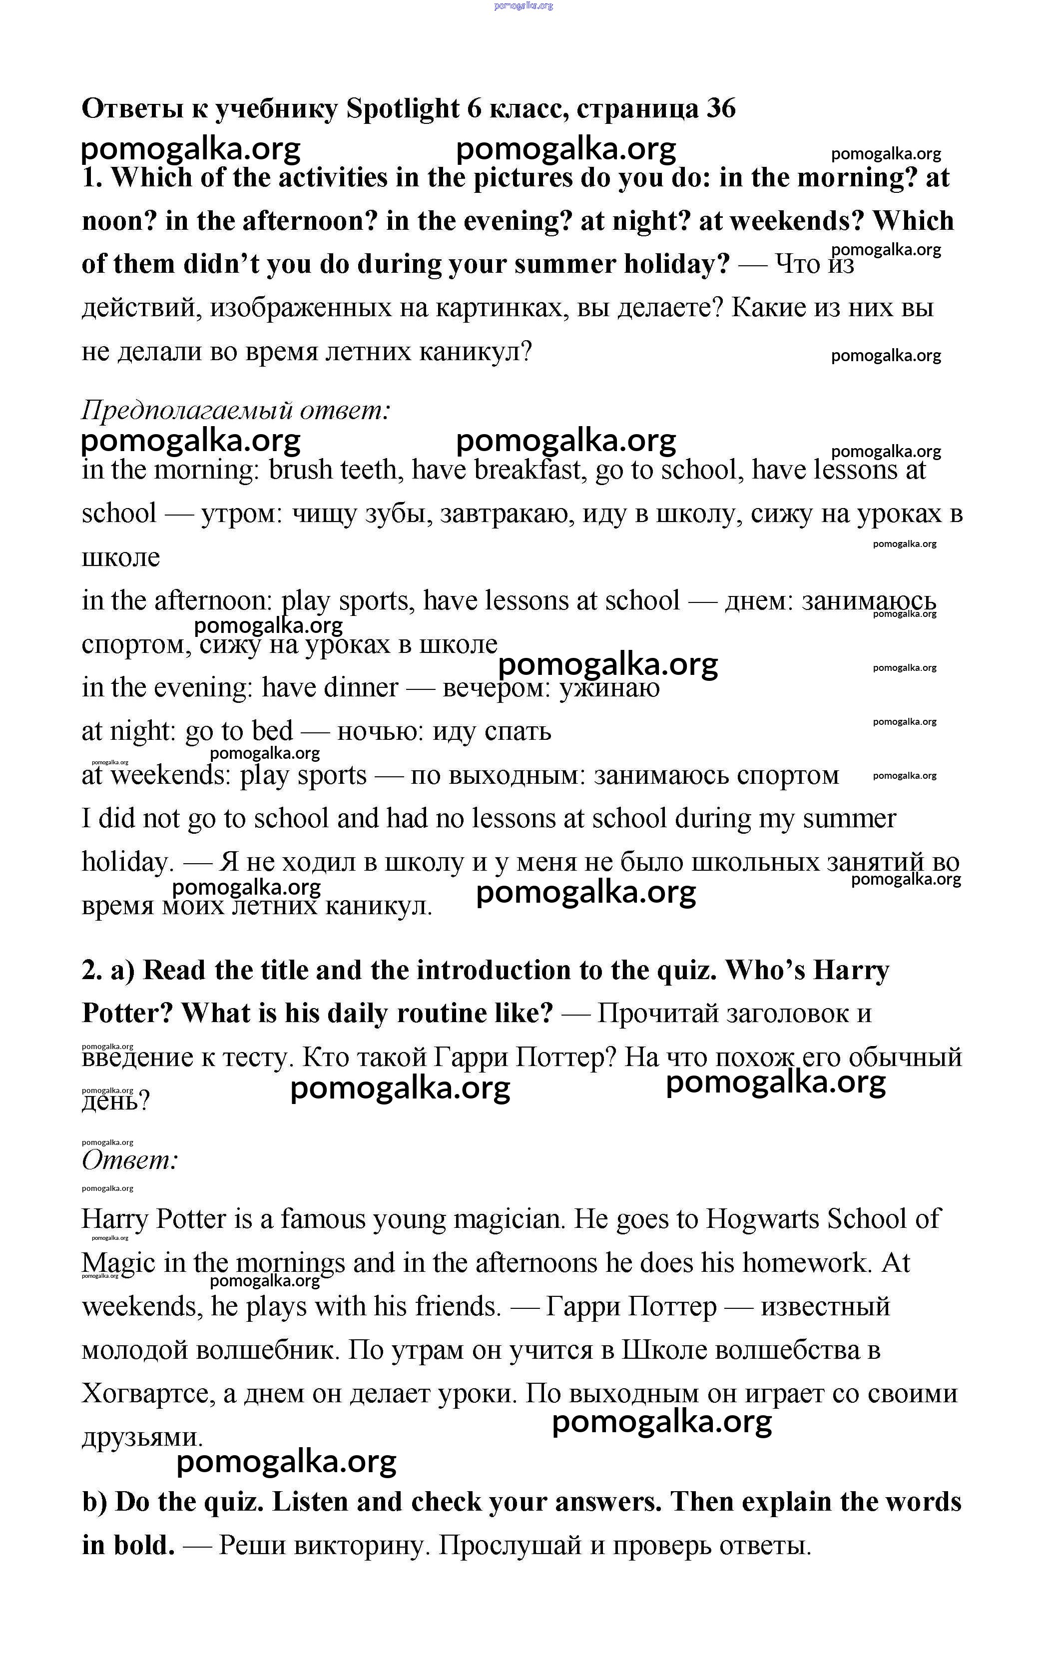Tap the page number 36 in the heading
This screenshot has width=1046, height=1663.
point(721,108)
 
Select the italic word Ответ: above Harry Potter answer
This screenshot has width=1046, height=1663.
point(130,1160)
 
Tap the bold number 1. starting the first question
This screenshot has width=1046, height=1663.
point(92,178)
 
